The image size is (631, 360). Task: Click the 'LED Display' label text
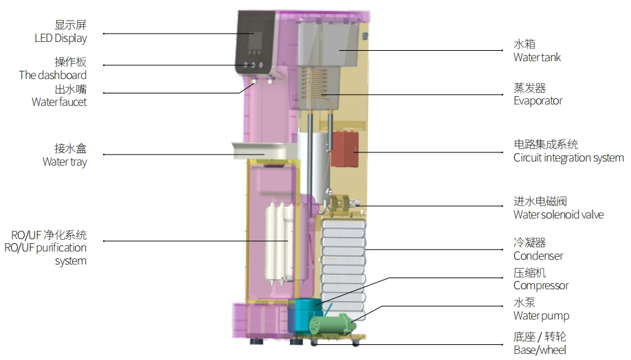60,38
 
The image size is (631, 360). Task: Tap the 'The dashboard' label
53,75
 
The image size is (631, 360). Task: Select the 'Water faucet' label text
59,102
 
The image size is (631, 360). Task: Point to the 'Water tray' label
65,161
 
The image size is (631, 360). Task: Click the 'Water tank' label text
537,58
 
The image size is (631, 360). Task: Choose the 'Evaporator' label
538,101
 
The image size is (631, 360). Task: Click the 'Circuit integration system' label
568,158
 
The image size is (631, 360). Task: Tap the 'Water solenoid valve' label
559,215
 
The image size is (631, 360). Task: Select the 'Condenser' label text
538,256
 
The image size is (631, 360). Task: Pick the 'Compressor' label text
541,286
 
